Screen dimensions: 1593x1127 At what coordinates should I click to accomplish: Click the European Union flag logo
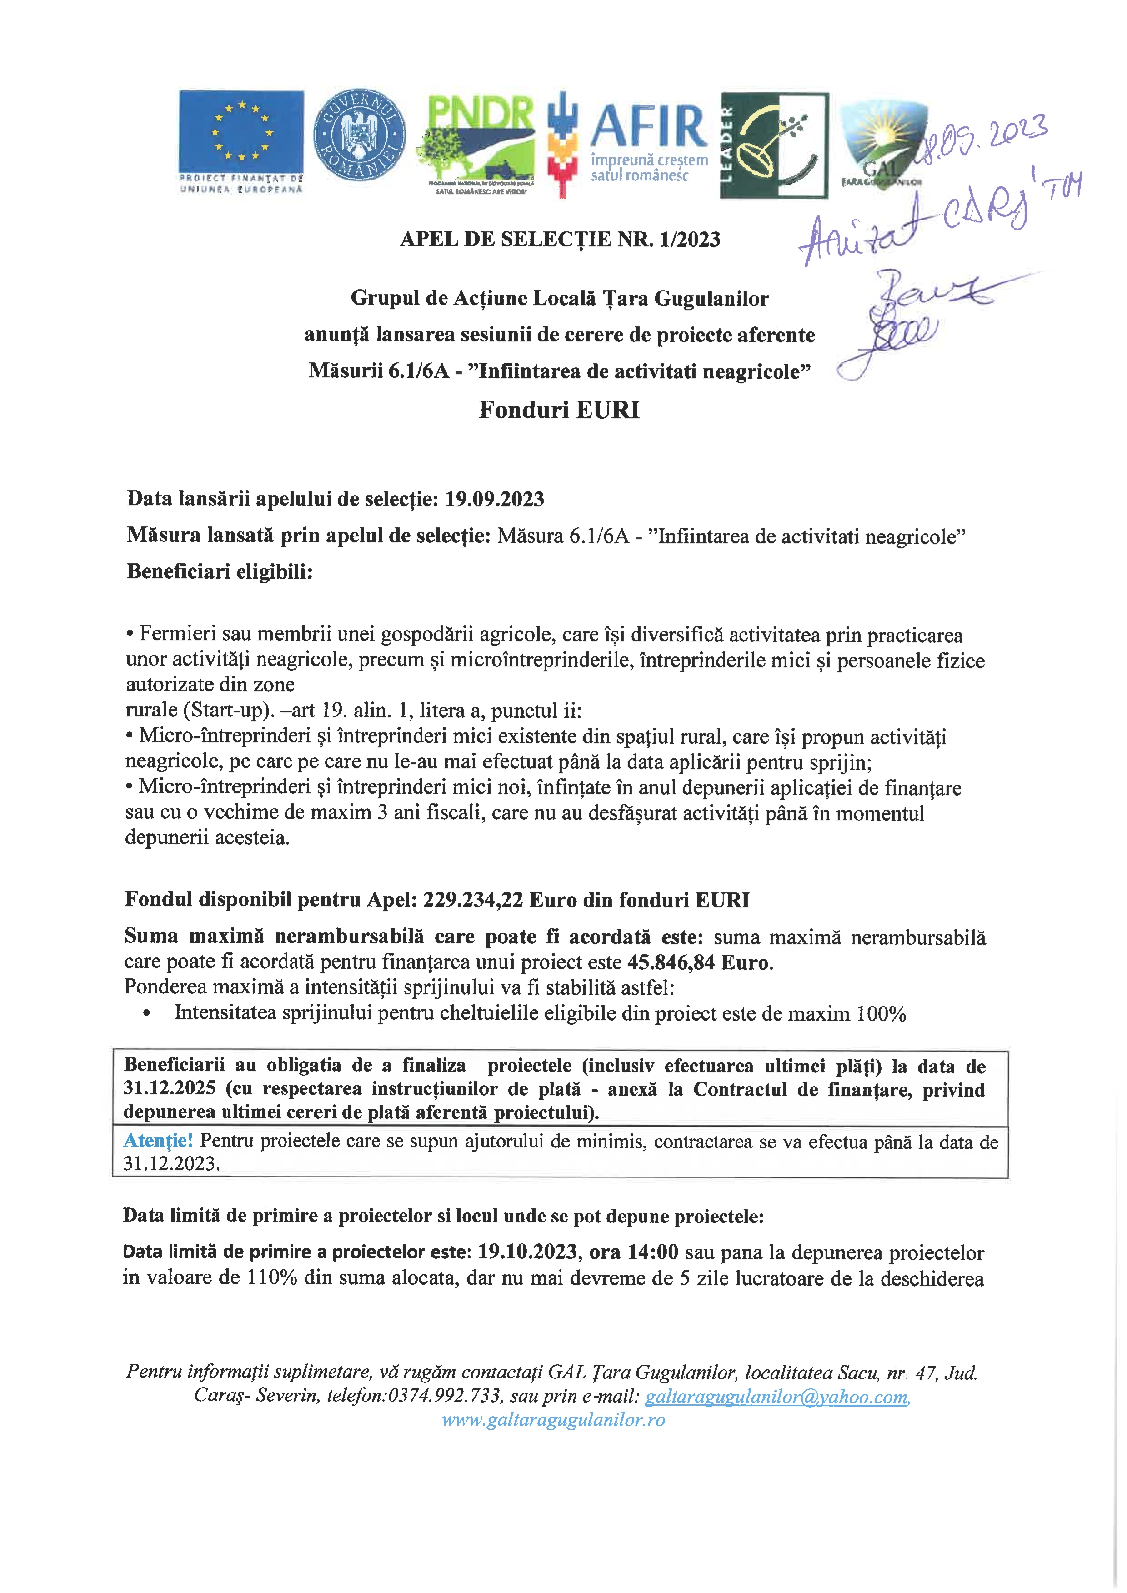tap(241, 132)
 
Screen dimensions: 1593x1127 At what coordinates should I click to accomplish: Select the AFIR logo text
tap(648, 126)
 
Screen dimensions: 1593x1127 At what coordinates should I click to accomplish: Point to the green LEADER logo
tap(774, 145)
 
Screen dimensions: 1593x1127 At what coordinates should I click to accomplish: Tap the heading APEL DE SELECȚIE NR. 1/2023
tap(560, 240)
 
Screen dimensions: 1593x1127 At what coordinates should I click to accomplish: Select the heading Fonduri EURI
tap(559, 410)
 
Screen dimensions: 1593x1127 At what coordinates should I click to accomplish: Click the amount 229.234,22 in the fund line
tap(474, 900)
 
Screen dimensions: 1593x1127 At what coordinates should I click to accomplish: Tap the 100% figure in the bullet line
tap(882, 1014)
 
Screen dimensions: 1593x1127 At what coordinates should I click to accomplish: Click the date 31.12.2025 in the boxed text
tap(169, 1088)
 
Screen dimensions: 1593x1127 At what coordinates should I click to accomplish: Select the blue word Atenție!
tap(158, 1141)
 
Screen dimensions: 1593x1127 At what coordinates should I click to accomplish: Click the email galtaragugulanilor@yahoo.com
tap(776, 1397)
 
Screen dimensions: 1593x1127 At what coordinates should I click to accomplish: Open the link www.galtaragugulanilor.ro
tap(553, 1420)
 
